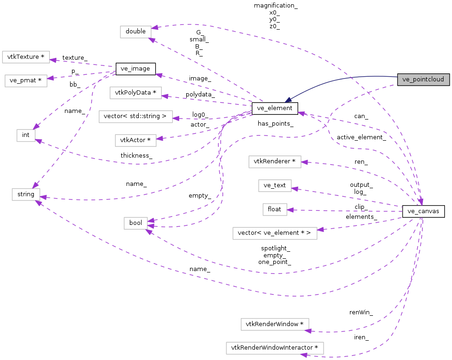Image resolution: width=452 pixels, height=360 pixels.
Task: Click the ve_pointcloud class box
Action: point(423,80)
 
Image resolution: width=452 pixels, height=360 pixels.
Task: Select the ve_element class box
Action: point(275,108)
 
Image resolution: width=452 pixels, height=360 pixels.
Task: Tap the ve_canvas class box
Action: point(423,211)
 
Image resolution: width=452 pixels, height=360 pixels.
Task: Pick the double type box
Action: point(136,32)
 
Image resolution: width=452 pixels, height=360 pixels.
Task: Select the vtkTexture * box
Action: point(26,57)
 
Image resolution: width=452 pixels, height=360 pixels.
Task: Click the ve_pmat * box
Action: point(26,80)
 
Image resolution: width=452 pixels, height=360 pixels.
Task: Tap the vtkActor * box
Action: point(135,140)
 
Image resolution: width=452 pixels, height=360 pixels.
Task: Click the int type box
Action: point(26,135)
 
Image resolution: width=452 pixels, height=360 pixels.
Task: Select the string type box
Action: point(26,194)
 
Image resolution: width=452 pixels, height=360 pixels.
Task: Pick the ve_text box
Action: point(275,185)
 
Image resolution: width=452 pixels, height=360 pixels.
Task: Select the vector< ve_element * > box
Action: point(275,232)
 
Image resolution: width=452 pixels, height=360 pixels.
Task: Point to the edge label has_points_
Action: point(276,124)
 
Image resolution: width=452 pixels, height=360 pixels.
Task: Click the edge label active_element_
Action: point(361,137)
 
